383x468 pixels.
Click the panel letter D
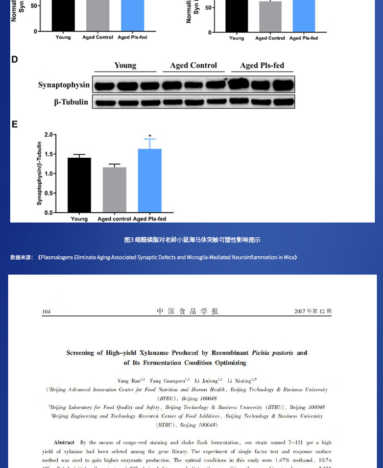[x=14, y=60]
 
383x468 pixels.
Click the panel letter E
[x=14, y=124]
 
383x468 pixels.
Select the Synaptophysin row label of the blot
[x=63, y=85]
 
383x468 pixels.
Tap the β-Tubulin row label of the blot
[x=71, y=102]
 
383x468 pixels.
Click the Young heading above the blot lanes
[x=125, y=65]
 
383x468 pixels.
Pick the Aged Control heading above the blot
[x=194, y=65]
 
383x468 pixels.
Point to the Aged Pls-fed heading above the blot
[x=262, y=65]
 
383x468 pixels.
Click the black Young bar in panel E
[x=79, y=185]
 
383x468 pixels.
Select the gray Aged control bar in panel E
[x=114, y=189]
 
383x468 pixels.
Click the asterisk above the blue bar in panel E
[x=150, y=136]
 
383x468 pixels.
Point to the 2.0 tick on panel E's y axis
[x=49, y=135]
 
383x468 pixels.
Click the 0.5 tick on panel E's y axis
[x=49, y=193]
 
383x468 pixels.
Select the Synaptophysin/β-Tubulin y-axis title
[x=39, y=174]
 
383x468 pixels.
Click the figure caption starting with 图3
[x=192, y=240]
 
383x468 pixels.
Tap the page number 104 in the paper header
[x=46, y=311]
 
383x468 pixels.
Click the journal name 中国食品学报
[x=187, y=311]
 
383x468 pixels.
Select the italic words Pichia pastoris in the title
[x=272, y=353]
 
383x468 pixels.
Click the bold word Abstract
[x=64, y=442]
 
